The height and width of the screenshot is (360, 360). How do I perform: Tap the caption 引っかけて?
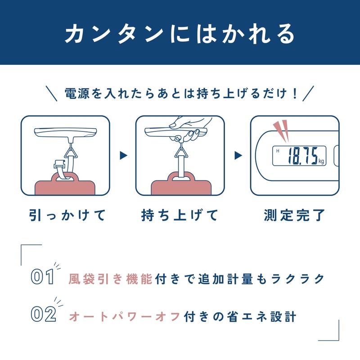67,215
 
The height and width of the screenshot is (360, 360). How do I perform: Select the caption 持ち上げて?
180,215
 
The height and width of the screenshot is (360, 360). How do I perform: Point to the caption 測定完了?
295,215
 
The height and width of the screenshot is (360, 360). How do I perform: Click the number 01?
42,276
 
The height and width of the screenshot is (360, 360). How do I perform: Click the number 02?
43,314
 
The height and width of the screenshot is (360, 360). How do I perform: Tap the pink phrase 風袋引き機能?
110,279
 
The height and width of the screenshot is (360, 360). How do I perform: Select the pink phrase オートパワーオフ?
125,317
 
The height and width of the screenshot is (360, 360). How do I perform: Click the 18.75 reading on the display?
302,156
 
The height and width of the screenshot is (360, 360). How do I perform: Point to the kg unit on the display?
321,161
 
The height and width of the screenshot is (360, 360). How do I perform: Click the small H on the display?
278,151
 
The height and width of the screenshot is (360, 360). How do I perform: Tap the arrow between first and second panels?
123,155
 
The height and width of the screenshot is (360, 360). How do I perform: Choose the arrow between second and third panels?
238,155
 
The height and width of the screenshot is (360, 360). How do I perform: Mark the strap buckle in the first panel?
59,165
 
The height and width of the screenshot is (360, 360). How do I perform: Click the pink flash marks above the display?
281,130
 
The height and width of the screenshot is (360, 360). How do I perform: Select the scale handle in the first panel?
65,133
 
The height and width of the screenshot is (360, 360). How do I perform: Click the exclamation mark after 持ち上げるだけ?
295,94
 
